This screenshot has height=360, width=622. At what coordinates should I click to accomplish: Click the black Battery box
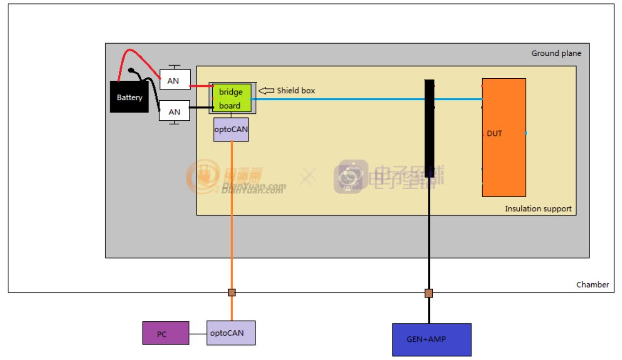pos(129,97)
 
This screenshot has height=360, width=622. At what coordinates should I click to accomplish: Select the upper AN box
pos(175,81)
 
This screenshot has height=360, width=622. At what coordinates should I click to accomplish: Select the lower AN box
pos(175,112)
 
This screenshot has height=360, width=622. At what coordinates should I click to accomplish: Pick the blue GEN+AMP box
pos(432,339)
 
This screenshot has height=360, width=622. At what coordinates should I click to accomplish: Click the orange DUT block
pos(504,137)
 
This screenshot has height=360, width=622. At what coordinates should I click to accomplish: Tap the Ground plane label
pos(556,54)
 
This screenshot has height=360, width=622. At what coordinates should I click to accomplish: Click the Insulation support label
pos(538,209)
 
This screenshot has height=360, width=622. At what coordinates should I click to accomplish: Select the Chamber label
pos(593,285)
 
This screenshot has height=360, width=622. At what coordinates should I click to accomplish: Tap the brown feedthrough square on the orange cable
pos(232,292)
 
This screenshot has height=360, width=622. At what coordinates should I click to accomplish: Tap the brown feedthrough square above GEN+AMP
pos(429,293)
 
